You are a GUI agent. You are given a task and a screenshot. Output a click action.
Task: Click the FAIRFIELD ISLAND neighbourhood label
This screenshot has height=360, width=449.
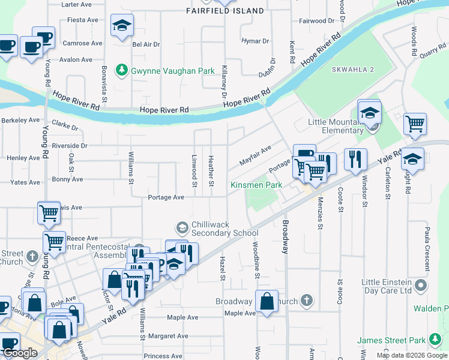pyautogui.click(x=224, y=11)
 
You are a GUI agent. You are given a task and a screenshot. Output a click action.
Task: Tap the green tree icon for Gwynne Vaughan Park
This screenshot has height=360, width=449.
pyautogui.click(x=122, y=70)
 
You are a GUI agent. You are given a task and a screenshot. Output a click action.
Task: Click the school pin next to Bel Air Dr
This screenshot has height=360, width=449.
pyautogui.click(x=122, y=26)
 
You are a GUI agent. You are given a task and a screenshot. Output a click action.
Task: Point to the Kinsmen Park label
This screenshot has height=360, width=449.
pyautogui.click(x=256, y=185)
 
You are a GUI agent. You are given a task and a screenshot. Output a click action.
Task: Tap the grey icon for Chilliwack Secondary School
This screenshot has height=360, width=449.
pyautogui.click(x=182, y=227)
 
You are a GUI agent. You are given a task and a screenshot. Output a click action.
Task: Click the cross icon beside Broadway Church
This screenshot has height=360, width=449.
pyautogui.click(x=306, y=300)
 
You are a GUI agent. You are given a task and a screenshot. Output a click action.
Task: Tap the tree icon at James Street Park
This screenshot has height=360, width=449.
pyautogui.click(x=433, y=341)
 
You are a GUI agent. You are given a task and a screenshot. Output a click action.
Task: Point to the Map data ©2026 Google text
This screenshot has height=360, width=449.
pyautogui.click(x=411, y=355)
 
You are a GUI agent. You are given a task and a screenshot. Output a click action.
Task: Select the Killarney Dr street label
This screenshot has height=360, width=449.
pyautogui.click(x=224, y=82)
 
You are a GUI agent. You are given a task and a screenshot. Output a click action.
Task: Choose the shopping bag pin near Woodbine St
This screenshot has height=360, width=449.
pyautogui.click(x=267, y=302)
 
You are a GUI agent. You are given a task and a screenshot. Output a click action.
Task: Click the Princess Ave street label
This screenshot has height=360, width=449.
pyautogui.click(x=163, y=356)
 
